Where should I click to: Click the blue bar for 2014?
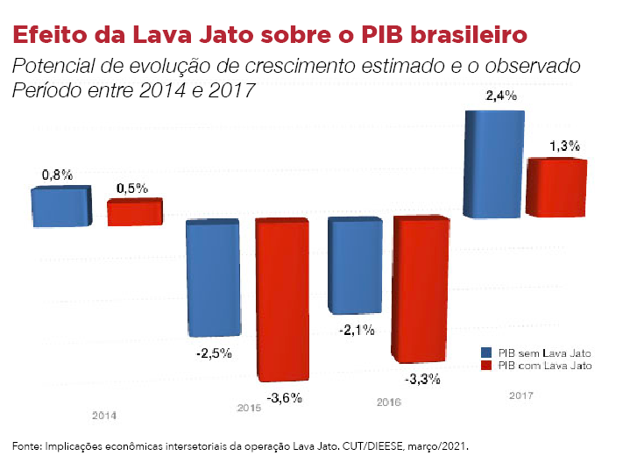[60, 207]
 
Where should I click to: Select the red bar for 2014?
[135, 213]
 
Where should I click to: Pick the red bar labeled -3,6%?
[281, 299]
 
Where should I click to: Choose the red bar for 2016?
[423, 290]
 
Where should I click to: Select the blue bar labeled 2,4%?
[493, 164]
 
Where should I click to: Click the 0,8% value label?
[57, 175]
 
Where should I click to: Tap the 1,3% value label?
[563, 146]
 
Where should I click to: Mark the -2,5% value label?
[214, 353]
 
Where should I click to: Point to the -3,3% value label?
[422, 381]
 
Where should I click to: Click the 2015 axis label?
[249, 408]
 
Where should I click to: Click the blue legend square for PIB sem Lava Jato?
[486, 352]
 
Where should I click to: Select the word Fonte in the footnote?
[25, 445]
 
